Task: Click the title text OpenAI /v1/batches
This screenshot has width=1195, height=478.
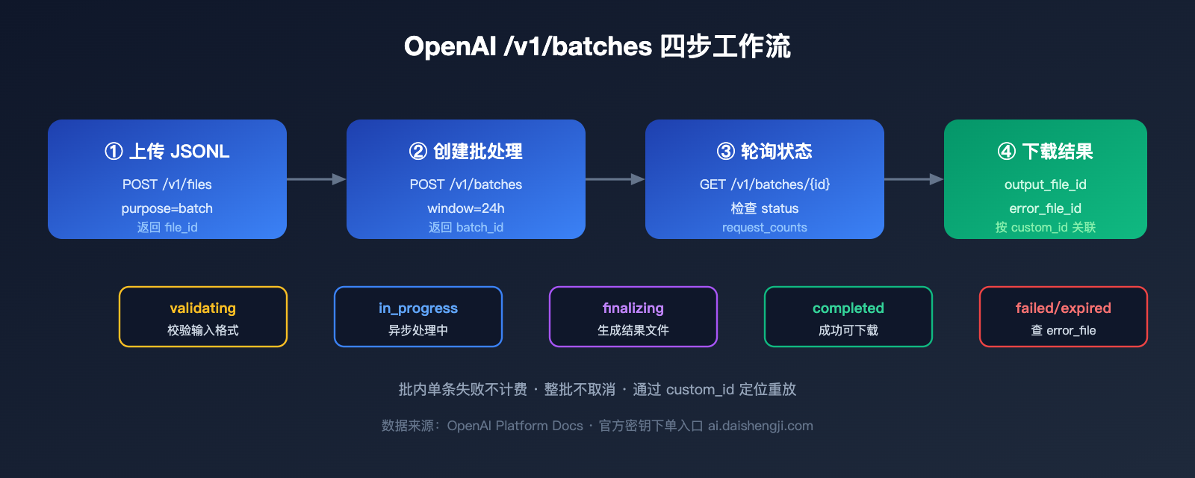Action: click(527, 46)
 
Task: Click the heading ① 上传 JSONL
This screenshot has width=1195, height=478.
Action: click(167, 152)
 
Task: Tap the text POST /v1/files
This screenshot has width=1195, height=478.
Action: click(167, 184)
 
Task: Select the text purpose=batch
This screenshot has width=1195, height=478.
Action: click(167, 208)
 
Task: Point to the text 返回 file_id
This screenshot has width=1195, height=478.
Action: click(167, 227)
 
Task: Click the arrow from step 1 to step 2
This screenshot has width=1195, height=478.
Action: click(316, 179)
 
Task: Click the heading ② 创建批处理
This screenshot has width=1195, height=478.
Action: click(466, 152)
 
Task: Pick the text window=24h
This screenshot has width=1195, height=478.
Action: click(466, 208)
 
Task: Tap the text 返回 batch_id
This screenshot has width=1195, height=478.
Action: click(466, 227)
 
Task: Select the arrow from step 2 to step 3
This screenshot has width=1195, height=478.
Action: click(615, 179)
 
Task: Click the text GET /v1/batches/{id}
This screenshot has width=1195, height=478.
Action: click(765, 184)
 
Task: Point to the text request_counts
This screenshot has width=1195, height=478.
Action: click(765, 227)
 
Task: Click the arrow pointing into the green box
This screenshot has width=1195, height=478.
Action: click(913, 179)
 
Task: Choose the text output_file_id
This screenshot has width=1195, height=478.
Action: click(1046, 184)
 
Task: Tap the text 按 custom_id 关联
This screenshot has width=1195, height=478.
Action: click(1046, 227)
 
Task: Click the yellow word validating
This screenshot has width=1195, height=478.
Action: click(203, 308)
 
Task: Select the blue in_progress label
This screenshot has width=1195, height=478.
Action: click(418, 308)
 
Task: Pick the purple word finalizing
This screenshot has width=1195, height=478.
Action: click(633, 308)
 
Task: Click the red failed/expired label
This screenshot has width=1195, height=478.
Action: click(1064, 308)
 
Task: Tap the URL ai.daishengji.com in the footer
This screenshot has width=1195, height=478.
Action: click(760, 426)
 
